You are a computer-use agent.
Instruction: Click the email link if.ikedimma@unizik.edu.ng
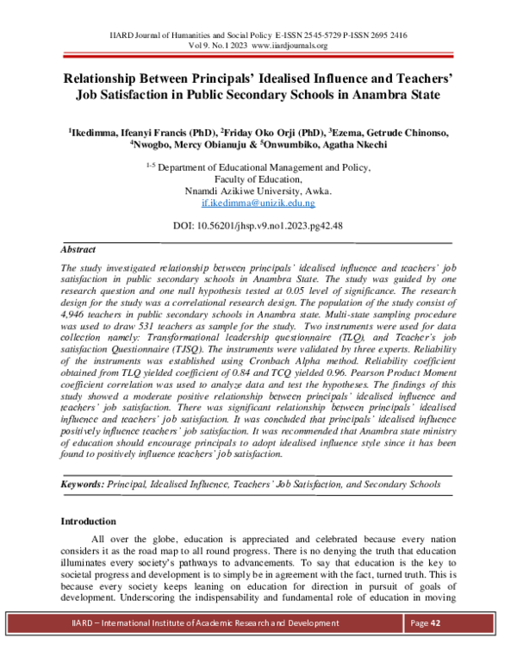pos(258,203)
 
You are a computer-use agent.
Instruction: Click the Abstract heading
pos(78,248)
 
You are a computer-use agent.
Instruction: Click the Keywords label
pos(82,485)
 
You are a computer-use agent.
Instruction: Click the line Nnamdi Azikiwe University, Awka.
pos(258,191)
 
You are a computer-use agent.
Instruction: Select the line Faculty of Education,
pos(258,178)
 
